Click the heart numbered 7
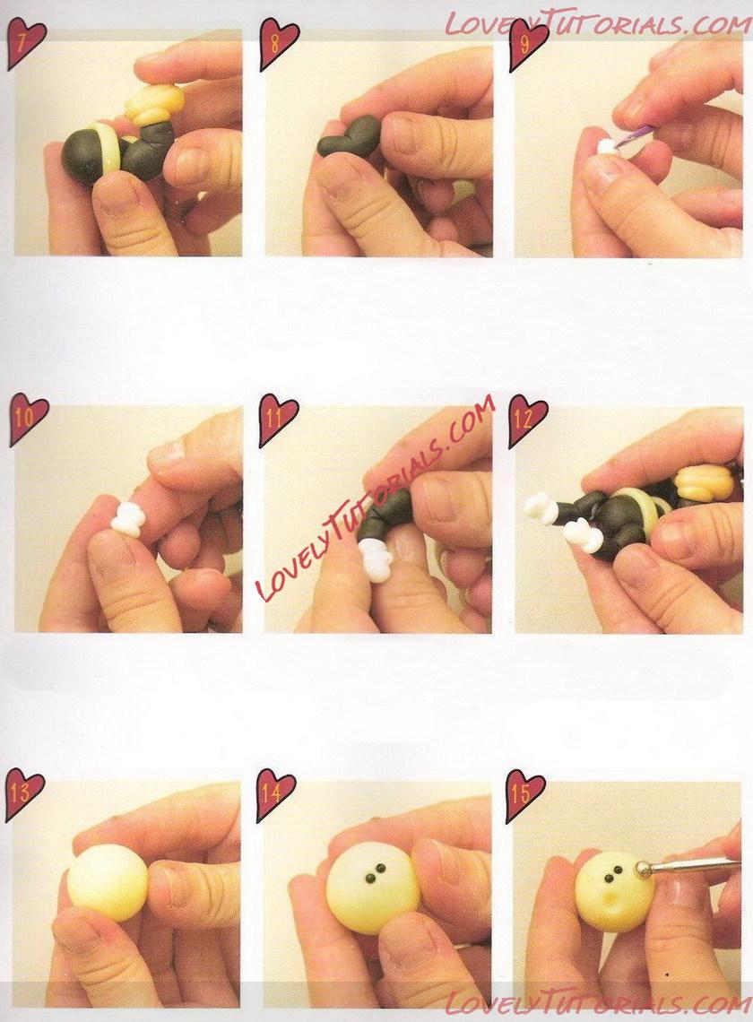(x=25, y=43)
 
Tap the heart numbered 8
(x=278, y=43)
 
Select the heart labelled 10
(x=28, y=419)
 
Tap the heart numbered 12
(x=527, y=420)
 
